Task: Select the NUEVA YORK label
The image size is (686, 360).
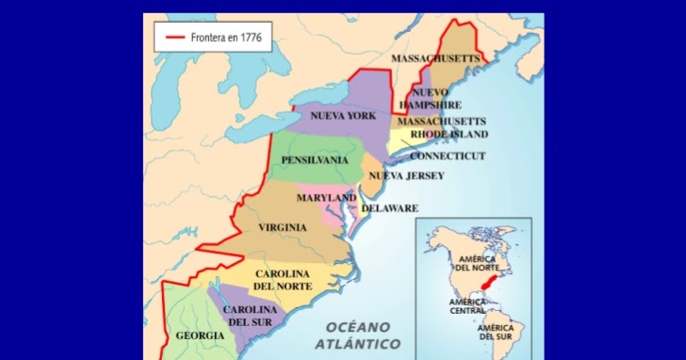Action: coord(343,116)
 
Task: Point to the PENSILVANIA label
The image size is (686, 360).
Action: coord(314,160)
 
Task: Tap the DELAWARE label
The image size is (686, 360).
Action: coord(389,208)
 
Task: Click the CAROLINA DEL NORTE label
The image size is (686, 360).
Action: coord(283,280)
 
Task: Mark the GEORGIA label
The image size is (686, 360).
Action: coord(200,335)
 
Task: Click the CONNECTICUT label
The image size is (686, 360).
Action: coord(448,155)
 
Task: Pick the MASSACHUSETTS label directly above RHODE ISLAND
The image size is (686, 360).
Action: coord(441,122)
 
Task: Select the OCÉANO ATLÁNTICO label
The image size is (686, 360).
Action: coord(357,335)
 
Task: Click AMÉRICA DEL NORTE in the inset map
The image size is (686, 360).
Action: coord(477,263)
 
